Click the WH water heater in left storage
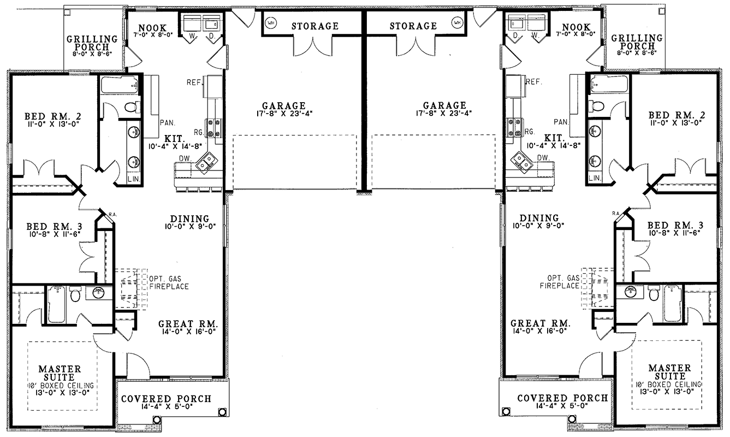270,23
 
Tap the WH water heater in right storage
457,22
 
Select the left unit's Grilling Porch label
92,43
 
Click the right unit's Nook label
576,27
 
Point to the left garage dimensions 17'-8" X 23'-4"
284,114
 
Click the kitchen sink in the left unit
206,162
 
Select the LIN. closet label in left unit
134,179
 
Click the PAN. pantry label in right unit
561,122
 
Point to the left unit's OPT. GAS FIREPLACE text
169,283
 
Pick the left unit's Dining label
189,218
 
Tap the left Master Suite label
60,373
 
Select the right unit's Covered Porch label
562,398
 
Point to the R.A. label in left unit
113,214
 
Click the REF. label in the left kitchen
194,82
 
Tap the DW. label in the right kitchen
543,158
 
